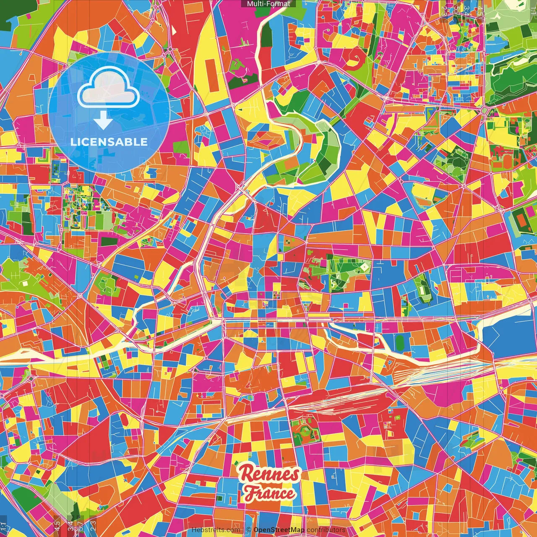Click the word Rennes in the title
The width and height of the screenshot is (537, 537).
pos(269,474)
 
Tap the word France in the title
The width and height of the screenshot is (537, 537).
pos(270,493)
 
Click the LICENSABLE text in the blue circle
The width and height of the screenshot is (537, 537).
pos(109,142)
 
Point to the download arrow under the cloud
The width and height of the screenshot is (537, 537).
pos(103,121)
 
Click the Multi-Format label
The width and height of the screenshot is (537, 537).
pos(268,4)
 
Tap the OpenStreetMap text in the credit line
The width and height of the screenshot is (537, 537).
pos(279,530)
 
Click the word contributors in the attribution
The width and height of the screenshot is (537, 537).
pos(326,530)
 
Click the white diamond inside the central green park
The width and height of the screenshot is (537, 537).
pos(365,266)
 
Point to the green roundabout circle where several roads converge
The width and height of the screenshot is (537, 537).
pos(485,110)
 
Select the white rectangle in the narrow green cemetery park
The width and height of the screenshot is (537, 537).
pos(421,289)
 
